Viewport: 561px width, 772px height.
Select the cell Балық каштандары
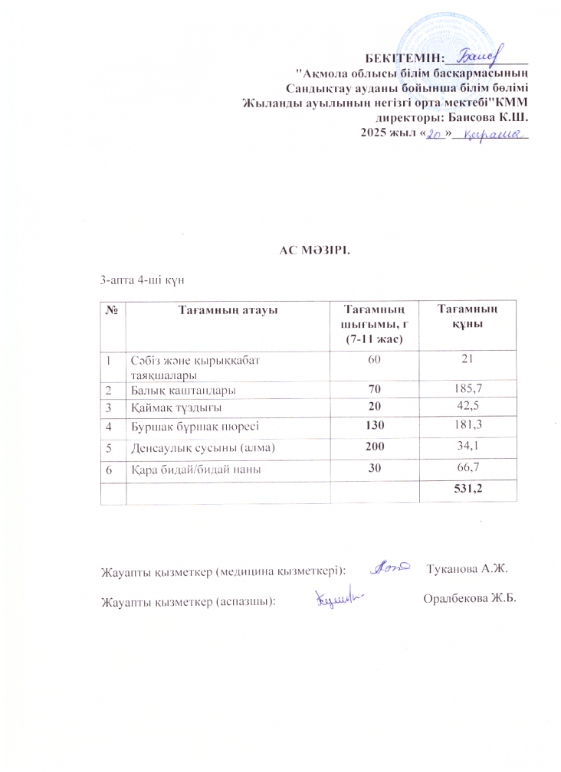pyautogui.click(x=182, y=390)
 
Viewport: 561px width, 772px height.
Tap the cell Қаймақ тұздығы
pyautogui.click(x=175, y=407)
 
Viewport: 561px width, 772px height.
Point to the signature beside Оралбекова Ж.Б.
pyautogui.click(x=339, y=597)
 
